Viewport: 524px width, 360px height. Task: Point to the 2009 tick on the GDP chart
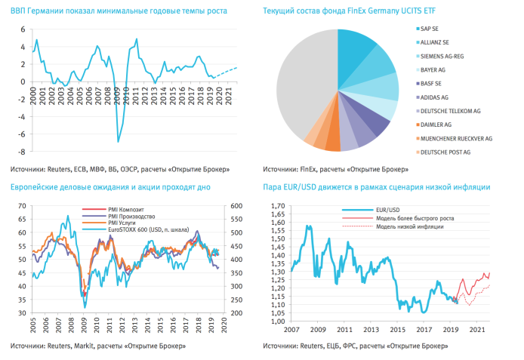coord(118,98)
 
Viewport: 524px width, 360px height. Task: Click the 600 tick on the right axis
coord(236,205)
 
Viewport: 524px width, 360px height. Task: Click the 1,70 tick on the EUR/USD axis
coord(278,205)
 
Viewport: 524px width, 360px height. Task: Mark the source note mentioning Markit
coord(100,346)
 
